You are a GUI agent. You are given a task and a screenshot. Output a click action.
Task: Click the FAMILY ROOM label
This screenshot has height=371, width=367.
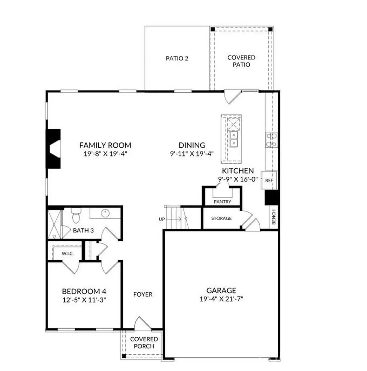(x=105, y=145)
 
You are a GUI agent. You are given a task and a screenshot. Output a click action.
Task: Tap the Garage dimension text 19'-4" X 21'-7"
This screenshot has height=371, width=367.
(x=221, y=299)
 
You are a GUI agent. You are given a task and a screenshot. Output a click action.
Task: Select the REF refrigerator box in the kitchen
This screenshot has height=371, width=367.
(x=269, y=180)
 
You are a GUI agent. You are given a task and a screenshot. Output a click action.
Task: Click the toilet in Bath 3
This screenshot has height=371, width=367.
(x=76, y=216)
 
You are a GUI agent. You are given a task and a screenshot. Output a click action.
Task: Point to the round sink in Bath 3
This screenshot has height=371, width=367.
(x=105, y=213)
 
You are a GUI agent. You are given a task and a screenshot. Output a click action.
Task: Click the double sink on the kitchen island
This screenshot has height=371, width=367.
(x=233, y=139)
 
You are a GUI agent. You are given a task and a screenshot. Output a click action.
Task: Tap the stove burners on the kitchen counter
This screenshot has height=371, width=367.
(x=272, y=140)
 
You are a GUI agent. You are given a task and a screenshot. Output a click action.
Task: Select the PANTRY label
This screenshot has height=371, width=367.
(x=223, y=201)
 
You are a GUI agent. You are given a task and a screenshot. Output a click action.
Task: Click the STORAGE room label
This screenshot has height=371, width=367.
(x=221, y=218)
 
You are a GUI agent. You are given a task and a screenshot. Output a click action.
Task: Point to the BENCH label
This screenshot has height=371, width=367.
(x=274, y=217)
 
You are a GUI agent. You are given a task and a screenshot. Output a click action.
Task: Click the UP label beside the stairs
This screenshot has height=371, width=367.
(x=162, y=219)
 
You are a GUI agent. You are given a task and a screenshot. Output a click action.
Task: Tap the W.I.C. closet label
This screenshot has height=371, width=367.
(x=68, y=254)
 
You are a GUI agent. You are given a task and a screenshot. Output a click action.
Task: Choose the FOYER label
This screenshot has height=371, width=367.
(x=143, y=294)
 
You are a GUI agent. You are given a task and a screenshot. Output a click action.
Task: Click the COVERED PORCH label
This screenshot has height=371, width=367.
(x=144, y=343)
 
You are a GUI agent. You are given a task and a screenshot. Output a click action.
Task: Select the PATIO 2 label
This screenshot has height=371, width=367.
(x=177, y=58)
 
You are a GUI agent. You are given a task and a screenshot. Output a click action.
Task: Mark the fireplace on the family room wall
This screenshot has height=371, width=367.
(x=54, y=149)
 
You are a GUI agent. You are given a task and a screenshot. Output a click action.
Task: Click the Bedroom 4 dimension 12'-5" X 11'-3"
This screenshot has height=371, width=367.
(x=84, y=300)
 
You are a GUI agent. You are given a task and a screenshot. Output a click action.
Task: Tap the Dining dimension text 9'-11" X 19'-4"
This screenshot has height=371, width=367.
(x=192, y=154)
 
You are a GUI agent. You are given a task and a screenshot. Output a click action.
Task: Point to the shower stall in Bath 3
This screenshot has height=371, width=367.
(x=54, y=224)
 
